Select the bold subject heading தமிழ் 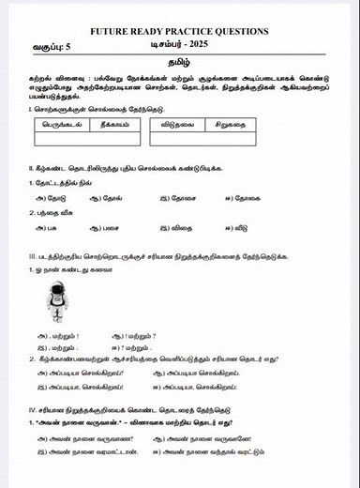[x=178, y=62]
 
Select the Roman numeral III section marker [x=33, y=256]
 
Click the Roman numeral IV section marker [x=33, y=410]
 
